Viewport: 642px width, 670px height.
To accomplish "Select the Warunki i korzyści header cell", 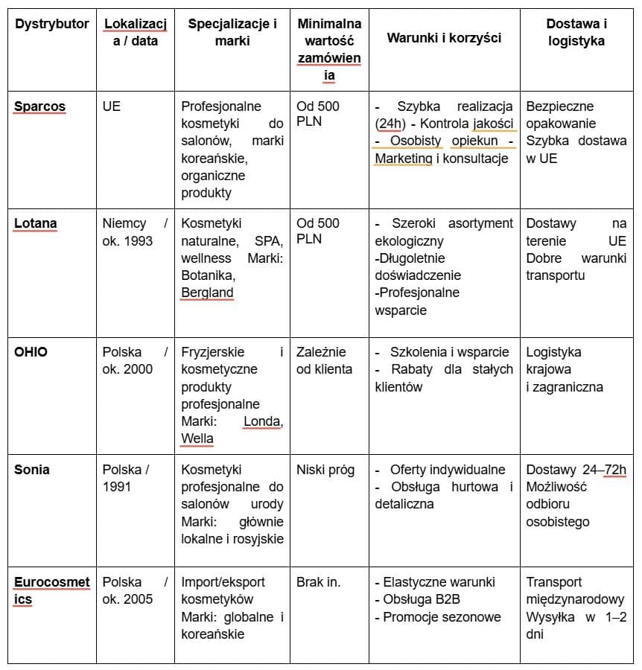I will pos(444,38).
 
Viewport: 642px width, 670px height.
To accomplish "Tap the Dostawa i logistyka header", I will pos(576,33).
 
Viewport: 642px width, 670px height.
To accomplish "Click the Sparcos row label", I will pos(39,106).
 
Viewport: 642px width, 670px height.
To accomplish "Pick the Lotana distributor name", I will pos(36,223).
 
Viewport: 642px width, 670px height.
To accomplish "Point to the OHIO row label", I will pos(31,352).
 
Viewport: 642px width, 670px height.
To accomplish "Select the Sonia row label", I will pos(32,470).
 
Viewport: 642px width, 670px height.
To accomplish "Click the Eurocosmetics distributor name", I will pos(51,590).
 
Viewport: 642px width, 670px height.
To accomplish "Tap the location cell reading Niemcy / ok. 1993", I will pos(135,232).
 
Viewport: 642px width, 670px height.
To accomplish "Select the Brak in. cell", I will pos(318,582).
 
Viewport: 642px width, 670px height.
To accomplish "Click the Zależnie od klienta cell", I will pos(325,360).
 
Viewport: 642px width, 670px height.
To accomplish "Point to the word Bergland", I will pos(207,293).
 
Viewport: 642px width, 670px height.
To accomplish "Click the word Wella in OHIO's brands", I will pos(197,438).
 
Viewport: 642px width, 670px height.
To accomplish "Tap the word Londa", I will pos(261,421).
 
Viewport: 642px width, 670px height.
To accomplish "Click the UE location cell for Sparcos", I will pos(112,106).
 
